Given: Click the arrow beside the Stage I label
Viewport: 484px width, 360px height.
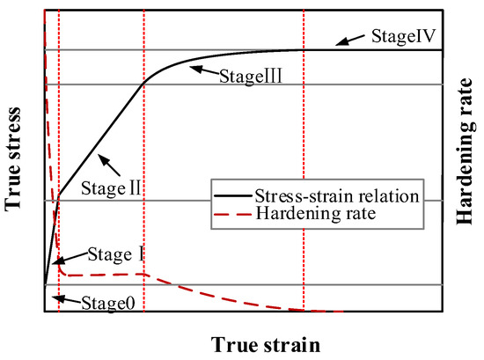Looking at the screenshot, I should [x=68, y=258].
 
